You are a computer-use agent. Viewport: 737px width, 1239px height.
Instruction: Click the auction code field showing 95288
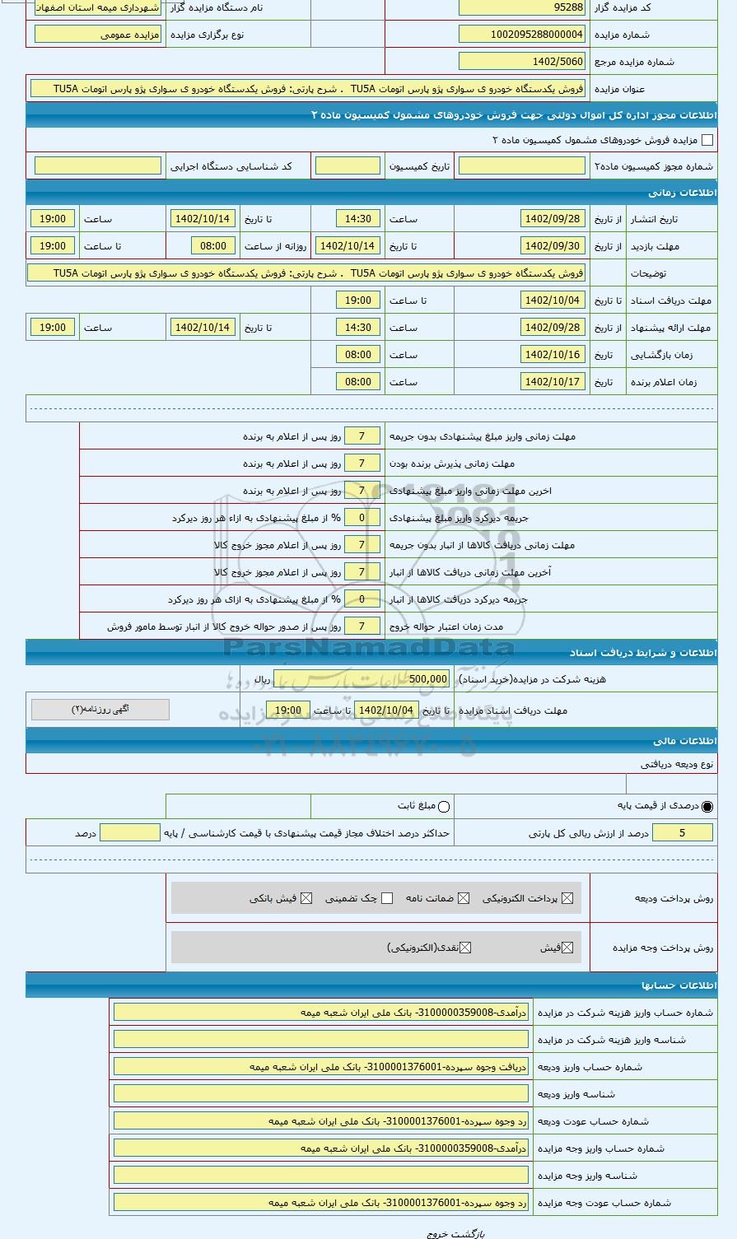pos(521,7)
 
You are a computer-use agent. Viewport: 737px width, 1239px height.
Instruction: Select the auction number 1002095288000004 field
pos(521,35)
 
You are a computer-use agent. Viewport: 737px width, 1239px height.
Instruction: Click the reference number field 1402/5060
pos(521,62)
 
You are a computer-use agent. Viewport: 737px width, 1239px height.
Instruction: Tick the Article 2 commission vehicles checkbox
pos(707,141)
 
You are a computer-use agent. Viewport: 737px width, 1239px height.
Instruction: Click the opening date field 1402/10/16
pos(553,355)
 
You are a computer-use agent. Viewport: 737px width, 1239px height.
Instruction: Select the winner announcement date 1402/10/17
pos(553,382)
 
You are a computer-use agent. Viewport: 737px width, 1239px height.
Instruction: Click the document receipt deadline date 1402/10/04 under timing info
pos(553,300)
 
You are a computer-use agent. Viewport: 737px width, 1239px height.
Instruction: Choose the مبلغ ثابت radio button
pos(444,807)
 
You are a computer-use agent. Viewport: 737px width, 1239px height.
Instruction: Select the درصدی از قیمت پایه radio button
pos(707,807)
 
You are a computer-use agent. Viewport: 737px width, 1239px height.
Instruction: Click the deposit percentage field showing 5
pos(683,833)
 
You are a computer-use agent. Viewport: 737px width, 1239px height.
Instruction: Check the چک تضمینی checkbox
pos(387,898)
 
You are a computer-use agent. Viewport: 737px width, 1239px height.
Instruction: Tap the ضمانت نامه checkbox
pos(464,898)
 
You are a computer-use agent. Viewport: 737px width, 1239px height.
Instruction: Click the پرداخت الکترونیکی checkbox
pos(567,898)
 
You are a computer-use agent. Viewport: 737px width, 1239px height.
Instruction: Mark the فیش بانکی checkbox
pos(306,898)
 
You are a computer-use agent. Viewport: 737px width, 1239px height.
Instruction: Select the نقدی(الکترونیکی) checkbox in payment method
pos(465,948)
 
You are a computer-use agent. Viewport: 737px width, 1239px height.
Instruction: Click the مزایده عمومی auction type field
pos(98,35)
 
